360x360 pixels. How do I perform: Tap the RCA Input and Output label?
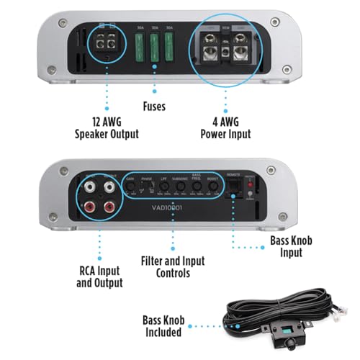[99, 276]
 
